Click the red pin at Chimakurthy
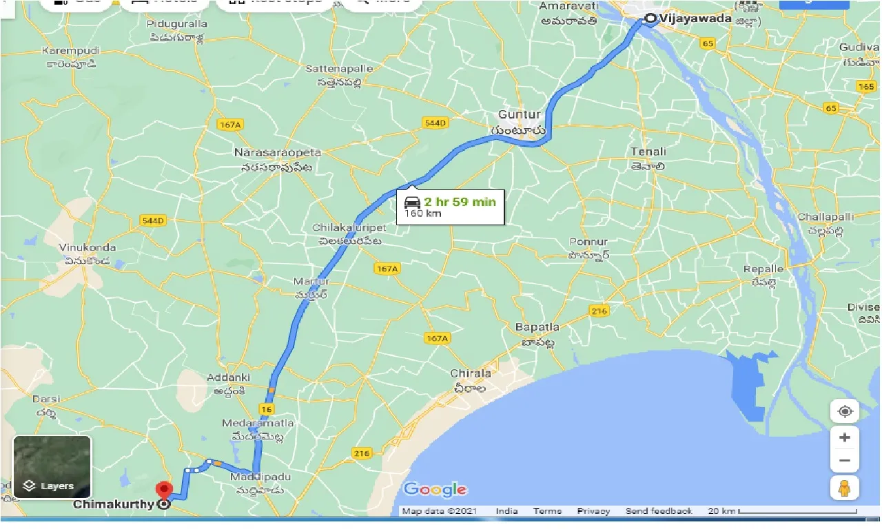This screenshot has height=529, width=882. pyautogui.click(x=164, y=490)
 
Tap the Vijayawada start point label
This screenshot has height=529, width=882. pyautogui.click(x=695, y=19)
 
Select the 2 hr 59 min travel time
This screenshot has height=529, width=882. pyautogui.click(x=460, y=202)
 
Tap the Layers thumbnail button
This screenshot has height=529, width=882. pyautogui.click(x=52, y=467)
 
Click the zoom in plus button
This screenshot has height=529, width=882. pyautogui.click(x=845, y=437)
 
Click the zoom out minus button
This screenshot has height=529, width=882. pyautogui.click(x=845, y=460)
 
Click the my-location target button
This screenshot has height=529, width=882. pyautogui.click(x=845, y=412)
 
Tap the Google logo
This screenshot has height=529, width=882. pyautogui.click(x=435, y=490)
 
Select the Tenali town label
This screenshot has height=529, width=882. pyautogui.click(x=648, y=152)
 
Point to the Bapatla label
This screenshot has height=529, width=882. pyautogui.click(x=537, y=327)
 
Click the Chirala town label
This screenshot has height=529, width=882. pyautogui.click(x=471, y=373)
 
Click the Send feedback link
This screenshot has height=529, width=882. pyautogui.click(x=659, y=511)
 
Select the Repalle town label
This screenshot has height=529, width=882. pyautogui.click(x=763, y=269)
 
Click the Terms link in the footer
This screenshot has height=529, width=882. pyautogui.click(x=547, y=511)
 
